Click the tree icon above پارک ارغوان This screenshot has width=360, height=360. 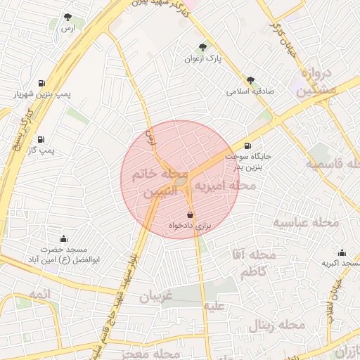point(203,47)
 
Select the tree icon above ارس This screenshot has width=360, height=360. point(67,17)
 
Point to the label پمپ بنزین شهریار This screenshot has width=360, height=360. point(39,94)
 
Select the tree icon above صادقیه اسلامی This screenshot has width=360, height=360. point(250,80)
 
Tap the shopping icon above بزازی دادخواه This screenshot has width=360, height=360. point(190,214)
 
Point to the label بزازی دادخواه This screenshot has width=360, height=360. point(190,225)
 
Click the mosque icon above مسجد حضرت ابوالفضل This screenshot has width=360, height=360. point(64,238)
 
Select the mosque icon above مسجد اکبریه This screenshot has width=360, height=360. point(342,252)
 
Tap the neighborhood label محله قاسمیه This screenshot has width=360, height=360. point(333,165)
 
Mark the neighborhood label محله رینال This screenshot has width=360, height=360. point(276,326)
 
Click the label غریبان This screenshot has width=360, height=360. point(155,297)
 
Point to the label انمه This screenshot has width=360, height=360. point(41,292)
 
